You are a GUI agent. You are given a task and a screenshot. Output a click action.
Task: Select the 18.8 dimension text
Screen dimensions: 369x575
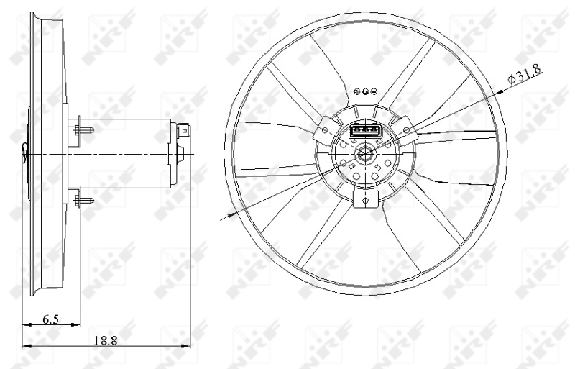[105, 340]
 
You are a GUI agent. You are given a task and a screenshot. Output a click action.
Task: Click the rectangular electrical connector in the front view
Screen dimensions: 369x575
[365, 131]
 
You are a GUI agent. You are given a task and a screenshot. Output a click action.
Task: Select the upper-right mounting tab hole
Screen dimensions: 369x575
[407, 129]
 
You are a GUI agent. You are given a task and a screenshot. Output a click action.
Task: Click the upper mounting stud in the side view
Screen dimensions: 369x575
[84, 130]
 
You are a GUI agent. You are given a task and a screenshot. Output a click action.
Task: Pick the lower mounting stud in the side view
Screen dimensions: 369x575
[84, 199]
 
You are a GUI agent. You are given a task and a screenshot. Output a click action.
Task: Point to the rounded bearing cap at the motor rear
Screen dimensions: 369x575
[180, 153]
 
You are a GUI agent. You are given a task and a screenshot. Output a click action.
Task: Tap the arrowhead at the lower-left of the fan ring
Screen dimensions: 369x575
[232, 213]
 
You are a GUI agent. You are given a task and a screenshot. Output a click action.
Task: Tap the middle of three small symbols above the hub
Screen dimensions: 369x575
[366, 91]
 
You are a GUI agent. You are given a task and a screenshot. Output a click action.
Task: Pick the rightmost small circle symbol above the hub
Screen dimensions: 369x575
[373, 91]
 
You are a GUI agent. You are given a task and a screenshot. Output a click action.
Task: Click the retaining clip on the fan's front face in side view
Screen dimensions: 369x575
[26, 150]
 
